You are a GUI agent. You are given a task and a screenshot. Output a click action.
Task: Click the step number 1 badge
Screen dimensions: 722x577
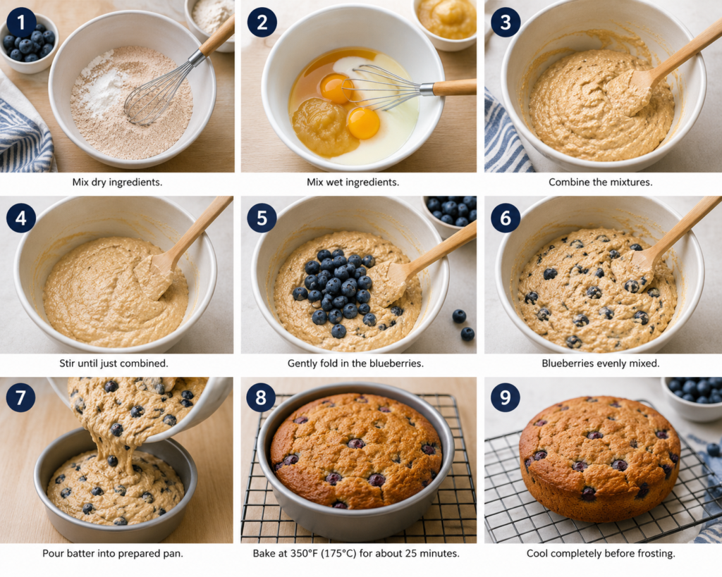click(20, 23)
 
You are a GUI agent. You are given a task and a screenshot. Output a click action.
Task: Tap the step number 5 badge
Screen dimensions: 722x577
click(262, 218)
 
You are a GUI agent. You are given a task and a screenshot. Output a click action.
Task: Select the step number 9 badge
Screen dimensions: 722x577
click(505, 397)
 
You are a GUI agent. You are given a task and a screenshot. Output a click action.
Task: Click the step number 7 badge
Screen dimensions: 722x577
click(20, 397)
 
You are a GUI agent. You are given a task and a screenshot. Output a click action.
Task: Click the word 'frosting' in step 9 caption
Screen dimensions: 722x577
click(656, 554)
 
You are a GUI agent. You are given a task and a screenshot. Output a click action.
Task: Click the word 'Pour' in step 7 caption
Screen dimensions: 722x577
click(52, 553)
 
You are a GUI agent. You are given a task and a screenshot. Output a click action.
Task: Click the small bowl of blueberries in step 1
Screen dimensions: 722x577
click(28, 43)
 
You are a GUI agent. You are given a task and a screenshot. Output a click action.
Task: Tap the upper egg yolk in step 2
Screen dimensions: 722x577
click(336, 89)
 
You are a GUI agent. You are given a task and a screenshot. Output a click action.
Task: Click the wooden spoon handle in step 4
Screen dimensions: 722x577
click(202, 226)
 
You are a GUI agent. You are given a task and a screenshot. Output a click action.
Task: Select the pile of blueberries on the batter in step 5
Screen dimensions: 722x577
click(337, 290)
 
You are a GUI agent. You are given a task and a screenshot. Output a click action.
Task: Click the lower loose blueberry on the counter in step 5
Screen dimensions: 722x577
click(467, 334)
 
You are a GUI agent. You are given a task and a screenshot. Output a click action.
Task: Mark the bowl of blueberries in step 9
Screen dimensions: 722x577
click(692, 397)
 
